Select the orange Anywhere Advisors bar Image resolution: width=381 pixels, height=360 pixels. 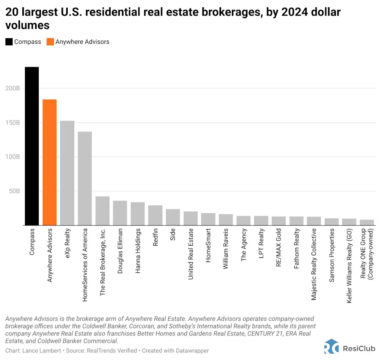pyautogui.click(x=49, y=162)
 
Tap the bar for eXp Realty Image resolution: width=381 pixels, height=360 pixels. pyautogui.click(x=67, y=173)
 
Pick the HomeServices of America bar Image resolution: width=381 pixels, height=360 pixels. pyautogui.click(x=85, y=178)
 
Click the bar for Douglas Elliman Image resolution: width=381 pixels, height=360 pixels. pyautogui.click(x=120, y=213)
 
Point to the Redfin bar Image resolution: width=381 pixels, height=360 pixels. pyautogui.click(x=155, y=215)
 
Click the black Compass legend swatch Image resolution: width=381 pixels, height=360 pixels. pyautogui.click(x=9, y=42)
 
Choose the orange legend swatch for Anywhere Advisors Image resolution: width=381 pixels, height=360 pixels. pyautogui.click(x=50, y=42)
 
